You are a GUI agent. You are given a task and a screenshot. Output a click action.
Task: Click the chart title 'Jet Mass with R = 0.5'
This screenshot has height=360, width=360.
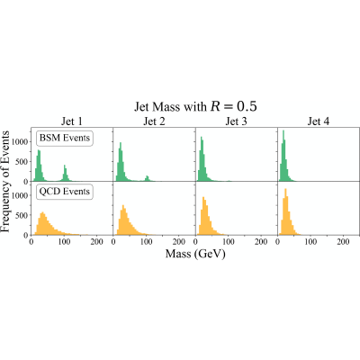click(195, 107)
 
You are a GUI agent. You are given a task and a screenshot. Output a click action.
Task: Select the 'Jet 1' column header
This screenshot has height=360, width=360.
click(72, 121)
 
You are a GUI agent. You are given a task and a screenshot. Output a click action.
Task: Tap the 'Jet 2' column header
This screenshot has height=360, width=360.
click(154, 121)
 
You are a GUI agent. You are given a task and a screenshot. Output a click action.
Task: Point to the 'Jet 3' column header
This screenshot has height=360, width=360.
click(237, 121)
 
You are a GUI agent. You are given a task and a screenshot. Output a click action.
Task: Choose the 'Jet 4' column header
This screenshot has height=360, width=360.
click(319, 121)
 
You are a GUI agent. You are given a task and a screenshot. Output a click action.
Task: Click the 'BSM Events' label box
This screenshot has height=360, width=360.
click(65, 138)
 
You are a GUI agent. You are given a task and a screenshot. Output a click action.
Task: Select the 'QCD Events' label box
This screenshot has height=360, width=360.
click(65, 192)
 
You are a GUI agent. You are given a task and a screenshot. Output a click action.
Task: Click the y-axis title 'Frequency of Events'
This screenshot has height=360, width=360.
click(5, 181)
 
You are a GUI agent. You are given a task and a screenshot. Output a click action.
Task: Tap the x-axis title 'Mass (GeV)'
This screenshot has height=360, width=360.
click(195, 254)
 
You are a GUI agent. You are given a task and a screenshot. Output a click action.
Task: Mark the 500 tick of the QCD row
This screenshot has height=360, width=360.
click(23, 215)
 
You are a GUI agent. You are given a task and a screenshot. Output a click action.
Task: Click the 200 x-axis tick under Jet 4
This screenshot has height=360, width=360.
click(343, 241)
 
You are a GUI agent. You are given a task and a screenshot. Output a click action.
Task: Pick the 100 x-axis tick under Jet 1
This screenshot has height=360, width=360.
click(64, 241)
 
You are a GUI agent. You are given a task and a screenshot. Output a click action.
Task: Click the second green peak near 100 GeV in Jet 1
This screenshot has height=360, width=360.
click(65, 173)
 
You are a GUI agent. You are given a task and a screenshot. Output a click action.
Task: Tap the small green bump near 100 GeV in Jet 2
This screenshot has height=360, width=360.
click(147, 178)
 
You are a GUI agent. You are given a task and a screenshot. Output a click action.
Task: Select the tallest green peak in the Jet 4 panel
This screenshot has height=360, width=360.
click(283, 156)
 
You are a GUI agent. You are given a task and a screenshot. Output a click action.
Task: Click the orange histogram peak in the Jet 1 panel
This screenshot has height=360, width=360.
click(42, 223)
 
